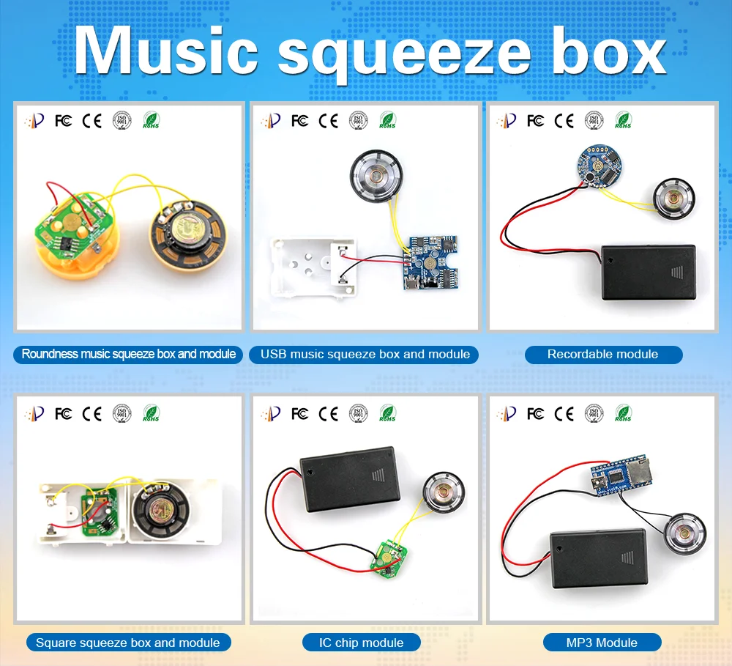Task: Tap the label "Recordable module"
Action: point(602,355)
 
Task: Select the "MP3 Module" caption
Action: point(602,643)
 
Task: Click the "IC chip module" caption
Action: point(361,643)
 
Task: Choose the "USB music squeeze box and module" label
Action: point(365,355)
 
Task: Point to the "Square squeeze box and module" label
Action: point(127,643)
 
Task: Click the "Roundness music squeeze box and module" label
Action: point(129,355)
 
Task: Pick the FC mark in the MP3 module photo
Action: point(535,414)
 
